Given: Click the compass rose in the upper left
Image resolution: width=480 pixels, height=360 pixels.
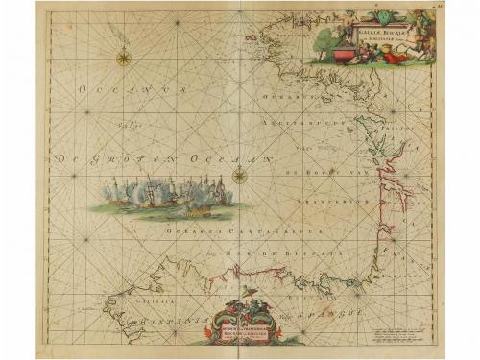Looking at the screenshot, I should pos(124,58).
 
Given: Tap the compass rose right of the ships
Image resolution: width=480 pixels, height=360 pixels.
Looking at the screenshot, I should pos(239,175).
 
